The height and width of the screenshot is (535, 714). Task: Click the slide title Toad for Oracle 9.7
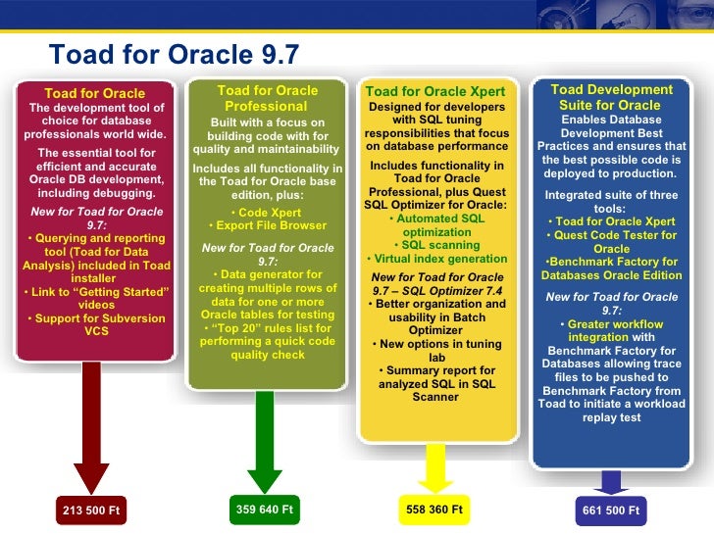tap(174, 53)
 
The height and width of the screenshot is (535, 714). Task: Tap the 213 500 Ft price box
tap(96, 511)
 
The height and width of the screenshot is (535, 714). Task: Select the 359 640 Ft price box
tap(265, 510)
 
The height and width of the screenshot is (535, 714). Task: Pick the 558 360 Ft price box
tap(434, 511)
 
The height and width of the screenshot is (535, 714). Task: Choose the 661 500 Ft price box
tap(611, 511)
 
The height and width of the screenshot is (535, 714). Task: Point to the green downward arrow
tap(265, 441)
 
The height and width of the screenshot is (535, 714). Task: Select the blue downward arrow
tap(611, 481)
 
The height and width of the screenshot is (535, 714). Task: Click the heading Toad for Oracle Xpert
tap(435, 92)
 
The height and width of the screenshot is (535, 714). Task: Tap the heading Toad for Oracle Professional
tap(267, 98)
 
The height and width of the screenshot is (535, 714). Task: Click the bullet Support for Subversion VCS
tap(95, 324)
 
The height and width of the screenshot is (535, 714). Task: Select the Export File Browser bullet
tap(268, 226)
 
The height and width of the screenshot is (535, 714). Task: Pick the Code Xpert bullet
tap(268, 212)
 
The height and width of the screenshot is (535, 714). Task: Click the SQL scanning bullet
tap(437, 245)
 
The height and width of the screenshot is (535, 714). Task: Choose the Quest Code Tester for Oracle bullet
tap(612, 242)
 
